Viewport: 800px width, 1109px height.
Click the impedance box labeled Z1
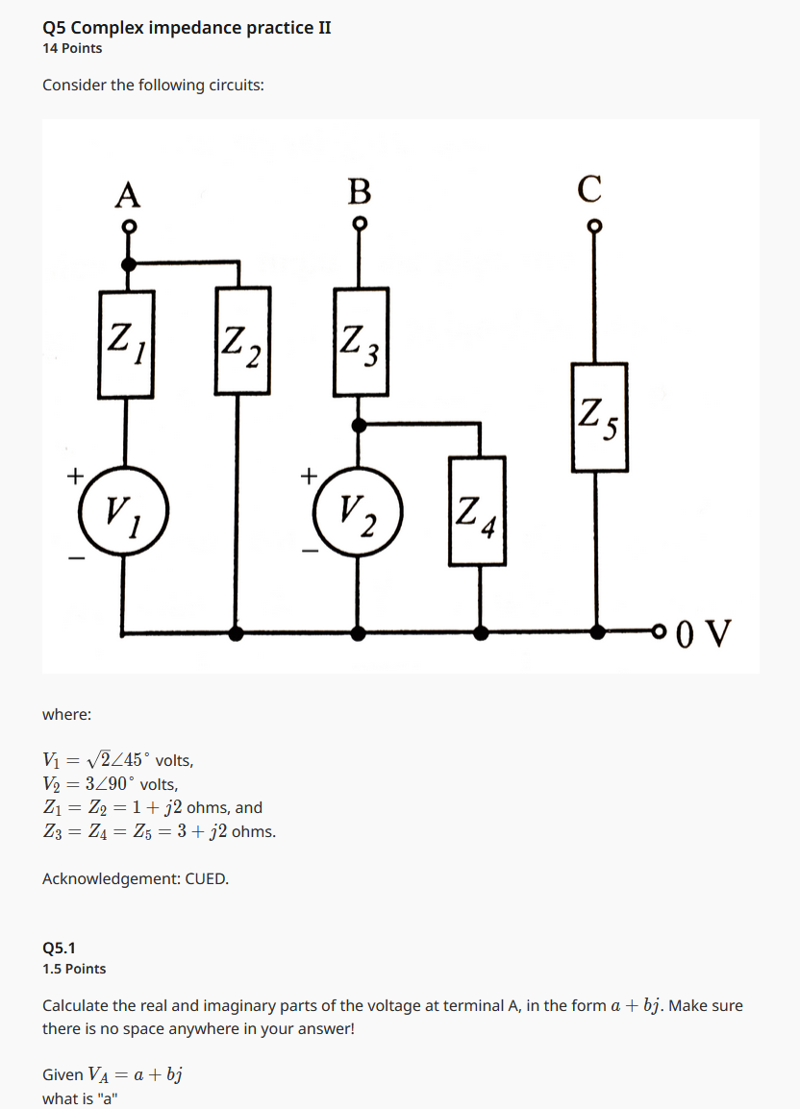pos(126,343)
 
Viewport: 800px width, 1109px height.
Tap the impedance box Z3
pos(361,342)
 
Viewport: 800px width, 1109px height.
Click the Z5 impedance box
pos(599,416)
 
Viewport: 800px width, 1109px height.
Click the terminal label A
pos(127,193)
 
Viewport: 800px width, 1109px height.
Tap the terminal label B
pos(360,191)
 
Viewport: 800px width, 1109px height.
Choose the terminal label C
pos(590,189)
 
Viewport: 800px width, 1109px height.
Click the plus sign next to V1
pos(74,474)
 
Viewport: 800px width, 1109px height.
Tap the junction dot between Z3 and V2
pos(360,424)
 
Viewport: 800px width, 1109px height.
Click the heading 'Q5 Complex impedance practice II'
pos(187,27)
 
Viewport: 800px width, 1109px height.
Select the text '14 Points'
pos(72,48)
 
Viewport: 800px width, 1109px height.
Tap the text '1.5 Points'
pos(74,969)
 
